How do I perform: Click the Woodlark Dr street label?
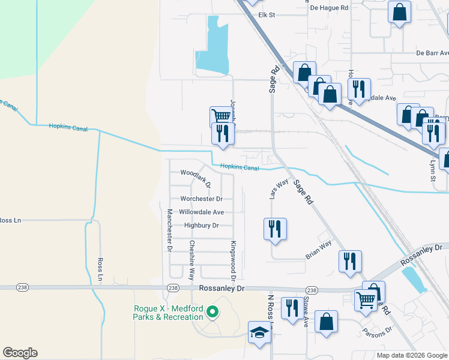(195, 178)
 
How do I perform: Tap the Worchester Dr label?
(202, 199)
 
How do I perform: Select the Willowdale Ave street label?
(202, 212)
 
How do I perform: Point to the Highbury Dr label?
(201, 225)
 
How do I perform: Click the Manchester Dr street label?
(170, 230)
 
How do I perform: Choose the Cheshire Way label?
(192, 260)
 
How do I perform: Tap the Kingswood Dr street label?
(232, 261)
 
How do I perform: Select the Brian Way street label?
(318, 250)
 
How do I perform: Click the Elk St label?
(266, 14)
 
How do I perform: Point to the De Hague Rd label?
(329, 8)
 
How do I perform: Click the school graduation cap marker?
(259, 332)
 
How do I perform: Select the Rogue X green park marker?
(211, 312)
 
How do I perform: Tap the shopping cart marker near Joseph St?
(221, 116)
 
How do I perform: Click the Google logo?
(20, 353)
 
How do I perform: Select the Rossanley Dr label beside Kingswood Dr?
(222, 289)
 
